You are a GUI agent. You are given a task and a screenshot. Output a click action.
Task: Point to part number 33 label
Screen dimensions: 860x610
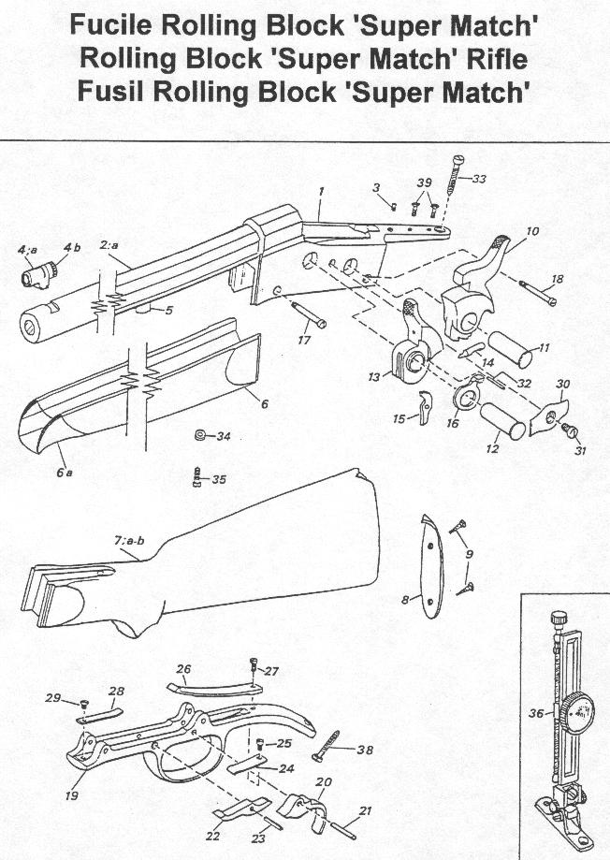[x=478, y=179]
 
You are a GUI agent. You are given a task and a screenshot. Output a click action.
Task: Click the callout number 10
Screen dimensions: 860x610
[x=532, y=230]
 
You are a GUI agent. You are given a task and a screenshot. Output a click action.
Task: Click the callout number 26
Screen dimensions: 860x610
[x=183, y=669]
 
